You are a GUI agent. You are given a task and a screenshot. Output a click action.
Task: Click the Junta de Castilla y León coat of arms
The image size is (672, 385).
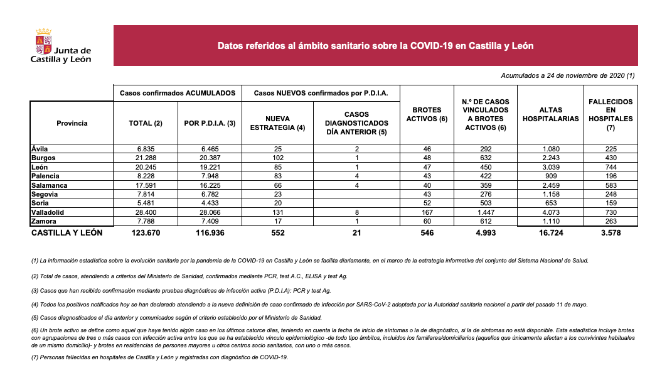tap(43, 41)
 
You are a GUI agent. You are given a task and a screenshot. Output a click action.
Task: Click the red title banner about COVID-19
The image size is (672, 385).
tap(375, 46)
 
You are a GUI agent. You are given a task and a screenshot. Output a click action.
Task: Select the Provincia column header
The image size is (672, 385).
tap(72, 123)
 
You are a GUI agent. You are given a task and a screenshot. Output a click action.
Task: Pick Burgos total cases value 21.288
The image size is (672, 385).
tap(145, 157)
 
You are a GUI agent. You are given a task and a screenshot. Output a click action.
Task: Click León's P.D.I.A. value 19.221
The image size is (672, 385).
tap(209, 166)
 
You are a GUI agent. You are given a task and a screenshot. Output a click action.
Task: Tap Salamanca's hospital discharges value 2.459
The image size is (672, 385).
tap(550, 185)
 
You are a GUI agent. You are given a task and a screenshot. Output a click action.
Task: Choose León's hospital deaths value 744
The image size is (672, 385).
tap(610, 166)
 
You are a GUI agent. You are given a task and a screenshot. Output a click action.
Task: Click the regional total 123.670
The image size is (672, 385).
tap(145, 233)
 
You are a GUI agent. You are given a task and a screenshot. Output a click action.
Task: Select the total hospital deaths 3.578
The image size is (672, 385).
tap(610, 233)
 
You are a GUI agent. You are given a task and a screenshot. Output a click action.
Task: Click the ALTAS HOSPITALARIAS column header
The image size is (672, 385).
tap(550, 114)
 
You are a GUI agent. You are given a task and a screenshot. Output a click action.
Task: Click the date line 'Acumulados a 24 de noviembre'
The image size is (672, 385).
tap(568, 75)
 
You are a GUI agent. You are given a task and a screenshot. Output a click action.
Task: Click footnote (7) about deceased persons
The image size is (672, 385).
tap(160, 357)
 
